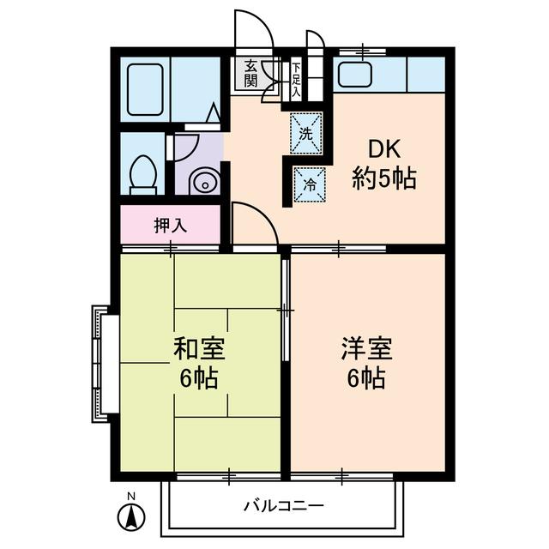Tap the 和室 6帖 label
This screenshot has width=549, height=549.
point(199,363)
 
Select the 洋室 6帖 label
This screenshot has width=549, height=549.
point(366,363)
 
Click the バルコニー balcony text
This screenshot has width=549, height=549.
point(283,505)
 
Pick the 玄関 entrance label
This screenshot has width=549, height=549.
point(250,74)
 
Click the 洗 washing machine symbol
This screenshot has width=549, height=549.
point(306,132)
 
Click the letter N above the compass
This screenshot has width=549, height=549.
point(131,496)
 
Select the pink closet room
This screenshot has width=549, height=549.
point(172,226)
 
